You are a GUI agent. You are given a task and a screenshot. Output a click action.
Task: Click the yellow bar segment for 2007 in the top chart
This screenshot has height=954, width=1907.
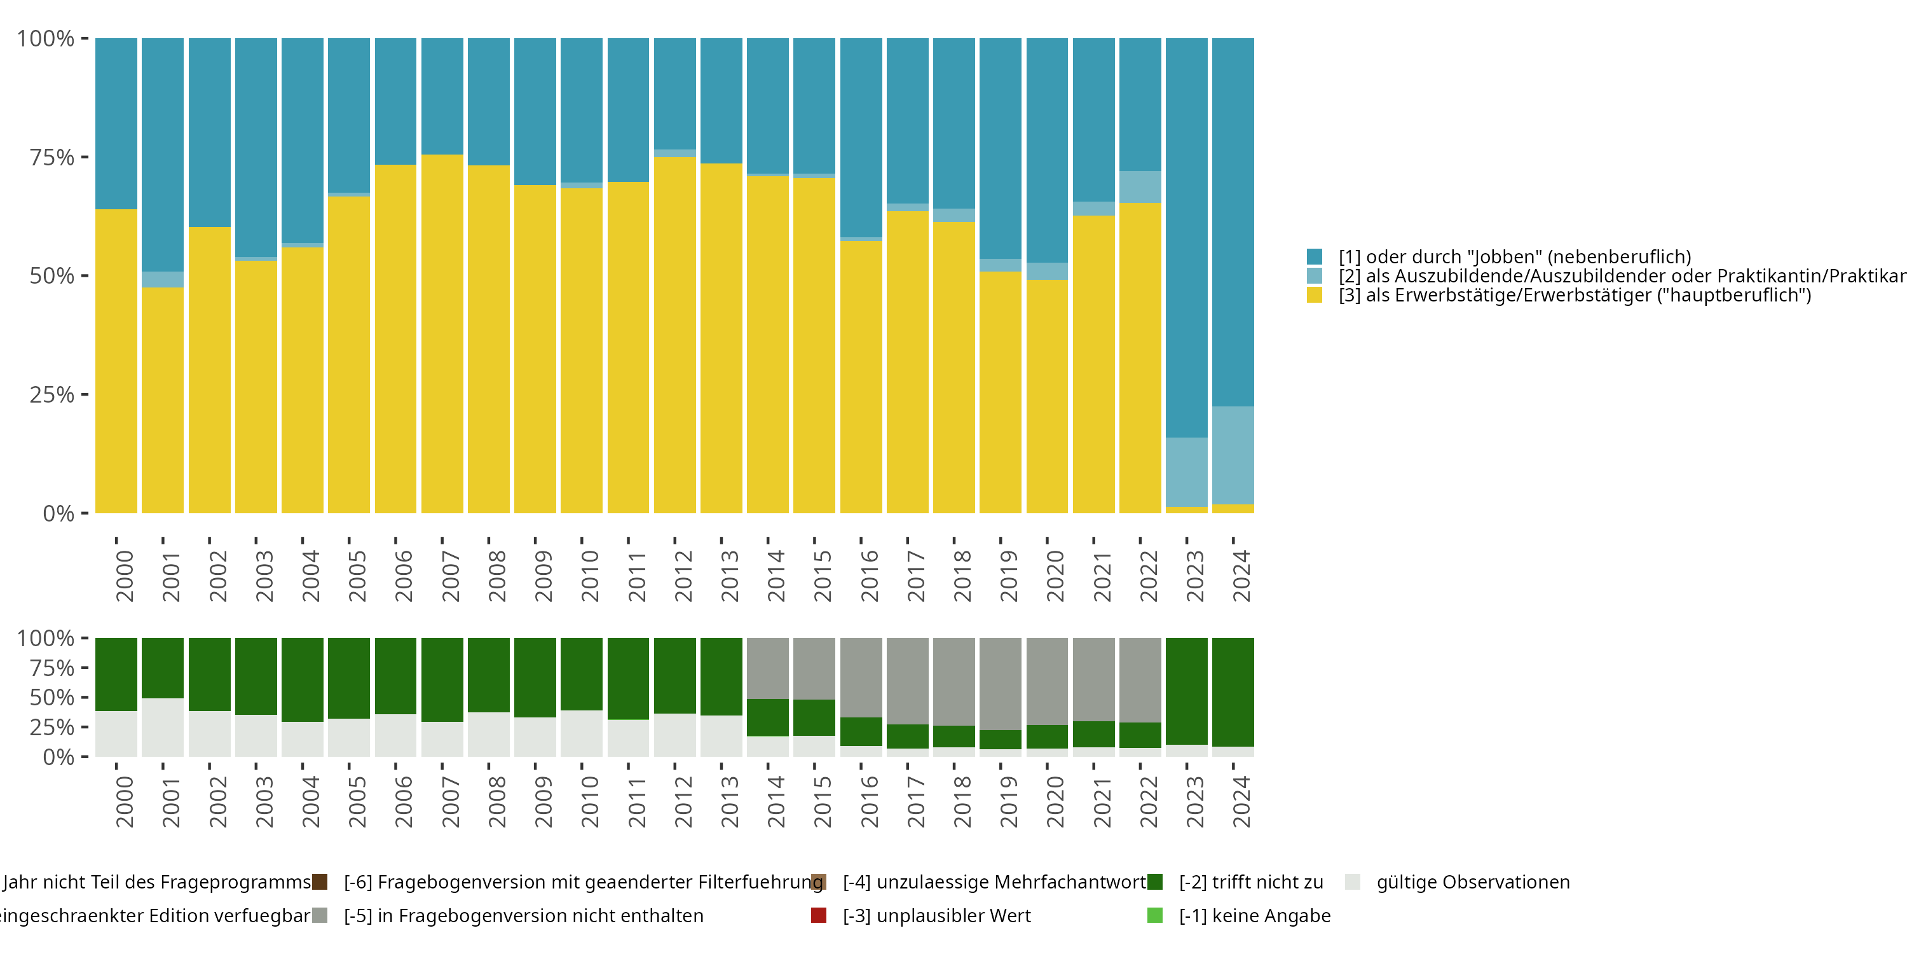[x=442, y=333]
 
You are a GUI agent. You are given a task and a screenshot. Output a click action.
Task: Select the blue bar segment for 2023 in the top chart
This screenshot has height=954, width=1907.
[x=1186, y=237]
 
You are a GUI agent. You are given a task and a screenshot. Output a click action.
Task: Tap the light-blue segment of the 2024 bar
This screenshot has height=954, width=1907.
[x=1233, y=455]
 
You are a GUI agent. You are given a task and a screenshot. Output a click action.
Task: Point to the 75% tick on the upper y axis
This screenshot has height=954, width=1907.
[x=52, y=157]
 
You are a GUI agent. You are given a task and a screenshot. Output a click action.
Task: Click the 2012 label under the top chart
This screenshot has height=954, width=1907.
[x=683, y=576]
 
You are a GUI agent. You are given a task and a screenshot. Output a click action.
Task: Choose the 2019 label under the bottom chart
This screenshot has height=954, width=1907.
[x=1009, y=801]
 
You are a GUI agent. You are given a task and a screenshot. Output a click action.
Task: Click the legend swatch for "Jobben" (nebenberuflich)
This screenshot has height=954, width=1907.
[x=1314, y=257]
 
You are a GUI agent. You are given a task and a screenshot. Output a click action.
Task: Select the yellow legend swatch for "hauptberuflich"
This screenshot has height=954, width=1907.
[x=1314, y=296]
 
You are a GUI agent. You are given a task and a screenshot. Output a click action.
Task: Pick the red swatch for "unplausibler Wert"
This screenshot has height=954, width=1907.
[x=818, y=915]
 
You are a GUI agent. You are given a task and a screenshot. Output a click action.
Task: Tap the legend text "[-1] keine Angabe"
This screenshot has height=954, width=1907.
[x=1254, y=915]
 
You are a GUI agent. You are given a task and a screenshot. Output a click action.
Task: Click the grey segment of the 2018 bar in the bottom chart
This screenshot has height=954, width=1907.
[x=954, y=681]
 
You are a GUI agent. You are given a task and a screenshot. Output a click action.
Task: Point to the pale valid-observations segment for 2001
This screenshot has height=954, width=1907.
[x=163, y=728]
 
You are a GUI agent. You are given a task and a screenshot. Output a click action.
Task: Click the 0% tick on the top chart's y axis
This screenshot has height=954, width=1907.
[x=58, y=513]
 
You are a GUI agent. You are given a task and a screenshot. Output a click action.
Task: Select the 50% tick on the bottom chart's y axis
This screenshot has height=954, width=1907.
[x=52, y=697]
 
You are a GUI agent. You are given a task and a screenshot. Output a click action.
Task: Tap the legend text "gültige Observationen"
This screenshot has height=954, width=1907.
[x=1472, y=882]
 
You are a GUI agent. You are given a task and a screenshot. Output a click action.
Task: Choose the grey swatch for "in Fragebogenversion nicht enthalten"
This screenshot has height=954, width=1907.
[x=320, y=915]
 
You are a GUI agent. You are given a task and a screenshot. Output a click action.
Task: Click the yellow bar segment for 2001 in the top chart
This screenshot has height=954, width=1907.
[x=163, y=400]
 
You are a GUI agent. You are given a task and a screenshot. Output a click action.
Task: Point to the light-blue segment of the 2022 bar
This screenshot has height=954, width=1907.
[x=1139, y=186]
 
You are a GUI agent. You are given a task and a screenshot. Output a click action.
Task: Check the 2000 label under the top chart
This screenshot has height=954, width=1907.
[x=125, y=576]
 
